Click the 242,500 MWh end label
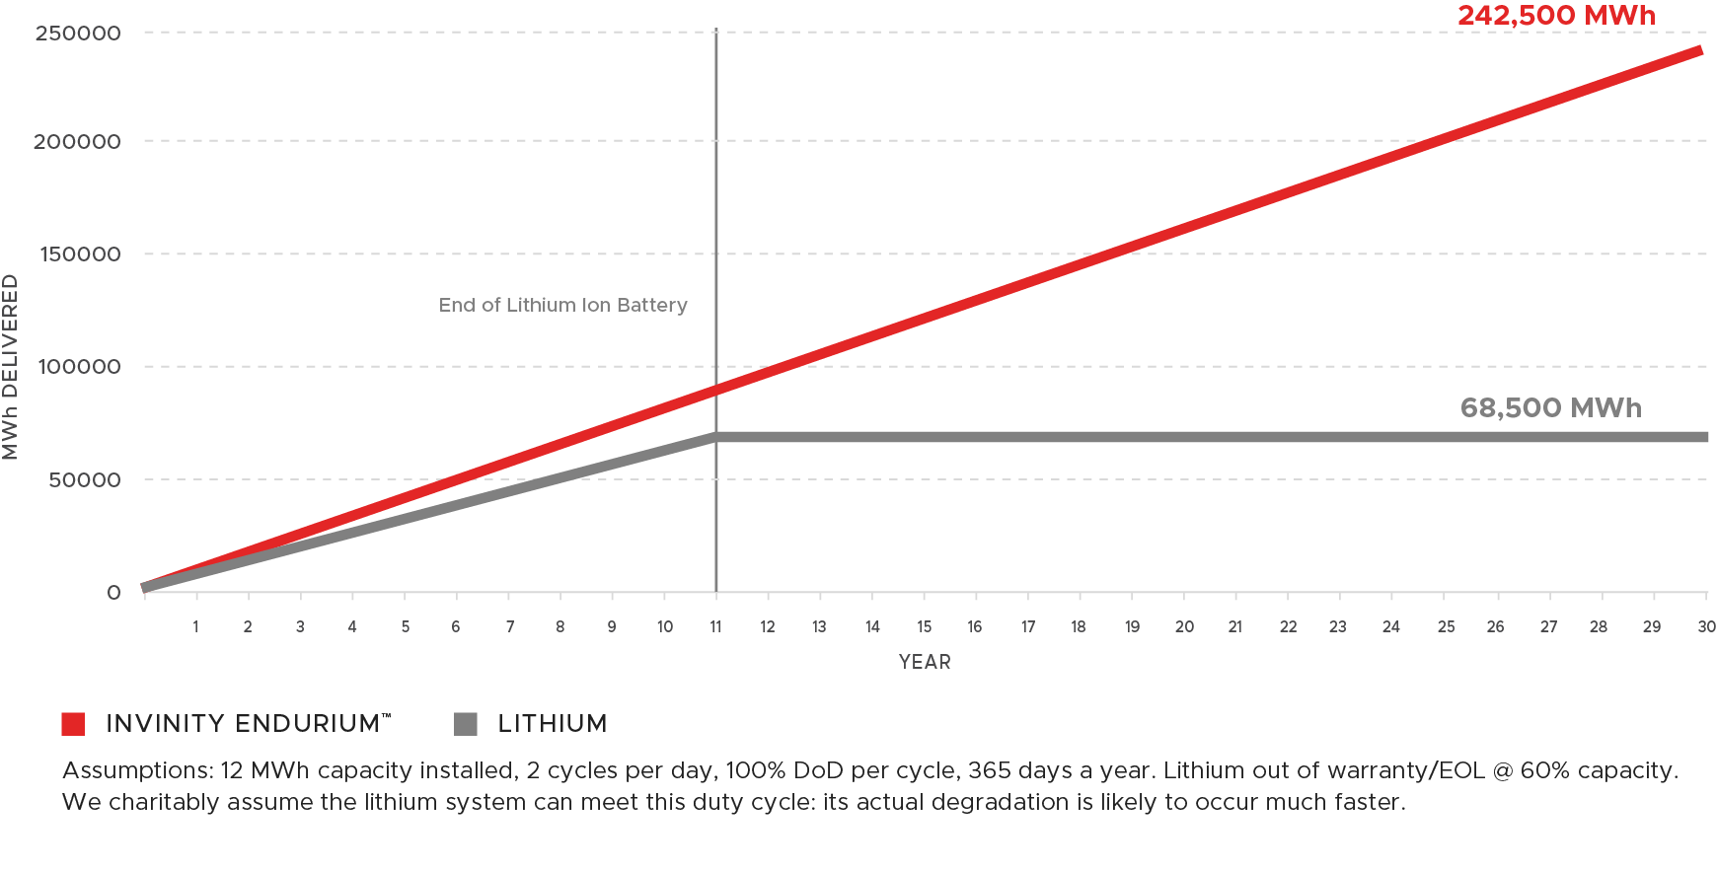(1556, 16)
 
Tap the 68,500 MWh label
(1550, 407)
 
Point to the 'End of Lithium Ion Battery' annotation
(562, 305)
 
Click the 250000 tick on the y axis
(78, 34)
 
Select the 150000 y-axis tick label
(80, 254)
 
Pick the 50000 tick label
(85, 480)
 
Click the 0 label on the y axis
(114, 593)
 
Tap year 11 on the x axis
(715, 626)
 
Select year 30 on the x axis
(1706, 626)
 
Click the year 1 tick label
(195, 626)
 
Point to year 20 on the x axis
(1184, 626)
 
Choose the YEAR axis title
(925, 662)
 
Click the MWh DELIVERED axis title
(11, 367)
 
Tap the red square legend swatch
(73, 724)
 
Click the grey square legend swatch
(466, 724)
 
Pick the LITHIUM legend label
(552, 724)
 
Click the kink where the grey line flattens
(716, 436)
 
